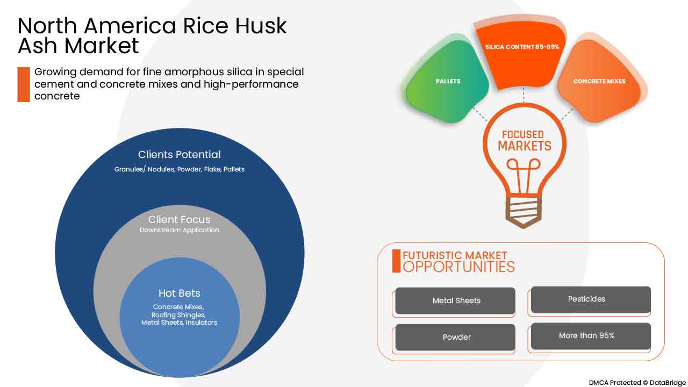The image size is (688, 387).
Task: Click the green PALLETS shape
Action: [x=448, y=82]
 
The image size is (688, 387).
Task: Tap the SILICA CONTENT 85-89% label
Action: [x=522, y=47]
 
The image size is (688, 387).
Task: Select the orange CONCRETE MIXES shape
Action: [x=599, y=82]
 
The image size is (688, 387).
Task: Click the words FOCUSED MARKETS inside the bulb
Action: [x=524, y=140]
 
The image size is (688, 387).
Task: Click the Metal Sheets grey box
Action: [x=456, y=301]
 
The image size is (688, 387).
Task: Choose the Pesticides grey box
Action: [x=590, y=299]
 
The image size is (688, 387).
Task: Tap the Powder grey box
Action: [x=456, y=338]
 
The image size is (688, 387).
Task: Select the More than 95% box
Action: [x=590, y=336]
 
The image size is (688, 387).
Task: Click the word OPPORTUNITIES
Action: [x=458, y=267]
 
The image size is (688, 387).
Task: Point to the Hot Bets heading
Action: [x=180, y=293]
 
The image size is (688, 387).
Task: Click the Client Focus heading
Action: [x=180, y=219]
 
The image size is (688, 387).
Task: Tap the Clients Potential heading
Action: [x=180, y=154]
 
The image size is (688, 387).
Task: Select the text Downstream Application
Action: [x=180, y=230]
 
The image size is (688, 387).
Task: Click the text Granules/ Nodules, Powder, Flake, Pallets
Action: [x=180, y=169]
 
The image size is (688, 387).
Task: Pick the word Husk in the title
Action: [x=261, y=26]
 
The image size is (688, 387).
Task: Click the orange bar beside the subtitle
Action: [x=24, y=84]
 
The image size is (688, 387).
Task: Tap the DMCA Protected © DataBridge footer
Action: [x=637, y=382]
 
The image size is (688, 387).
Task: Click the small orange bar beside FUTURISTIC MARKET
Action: [x=397, y=261]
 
